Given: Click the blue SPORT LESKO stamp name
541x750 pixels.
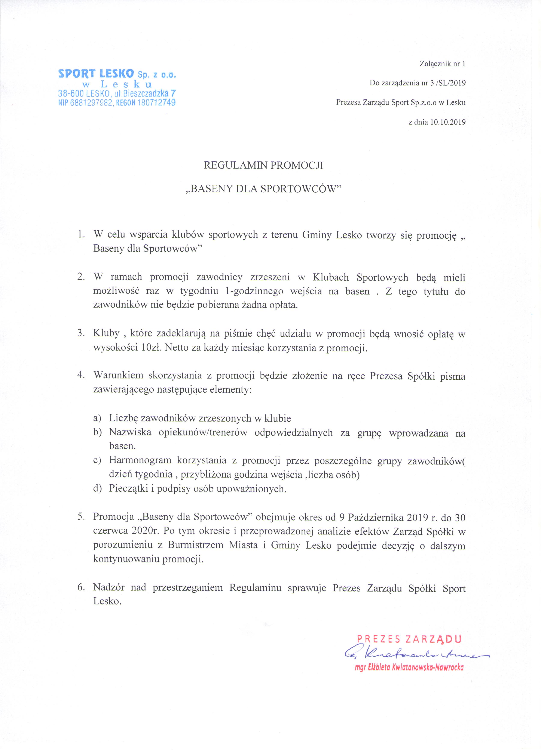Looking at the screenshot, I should (96, 73).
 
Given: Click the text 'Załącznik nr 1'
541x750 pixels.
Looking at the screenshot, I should (442, 64).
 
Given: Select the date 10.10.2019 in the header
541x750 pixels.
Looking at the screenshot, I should (448, 122).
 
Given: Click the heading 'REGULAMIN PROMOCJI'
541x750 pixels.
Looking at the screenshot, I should (263, 165).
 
